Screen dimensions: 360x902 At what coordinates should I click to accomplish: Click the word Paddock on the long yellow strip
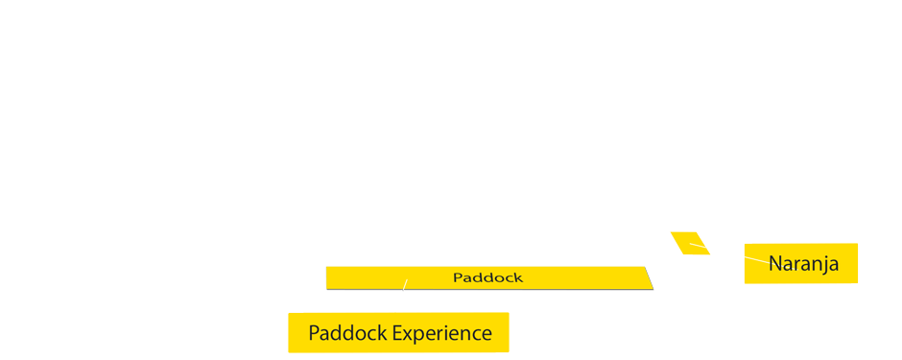pos(487,277)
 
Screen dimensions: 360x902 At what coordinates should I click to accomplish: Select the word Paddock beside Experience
pos(347,334)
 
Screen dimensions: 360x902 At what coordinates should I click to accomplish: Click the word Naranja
pos(803,264)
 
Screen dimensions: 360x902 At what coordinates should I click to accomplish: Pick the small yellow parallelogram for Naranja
pos(690,243)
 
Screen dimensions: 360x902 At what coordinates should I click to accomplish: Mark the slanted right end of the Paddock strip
pos(648,277)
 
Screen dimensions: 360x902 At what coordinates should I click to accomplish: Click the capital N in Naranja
pos(775,264)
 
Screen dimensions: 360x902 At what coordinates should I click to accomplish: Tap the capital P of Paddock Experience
pos(314,334)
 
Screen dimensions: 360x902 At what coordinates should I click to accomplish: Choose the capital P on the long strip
pos(457,277)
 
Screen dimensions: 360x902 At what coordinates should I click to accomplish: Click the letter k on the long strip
pos(518,277)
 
